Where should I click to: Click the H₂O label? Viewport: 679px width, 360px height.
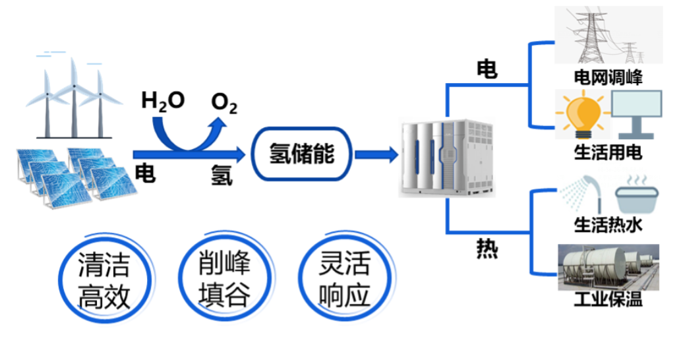coord(163,102)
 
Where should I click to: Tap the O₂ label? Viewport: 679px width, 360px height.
coord(224,104)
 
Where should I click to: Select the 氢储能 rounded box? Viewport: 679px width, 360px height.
coord(302,154)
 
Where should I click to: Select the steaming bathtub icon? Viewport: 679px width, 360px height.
coord(636,193)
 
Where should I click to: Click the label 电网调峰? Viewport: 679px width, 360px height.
coord(608,78)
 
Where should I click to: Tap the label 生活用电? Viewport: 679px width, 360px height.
coord(608,153)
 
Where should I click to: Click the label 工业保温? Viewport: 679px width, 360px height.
coord(608,301)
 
